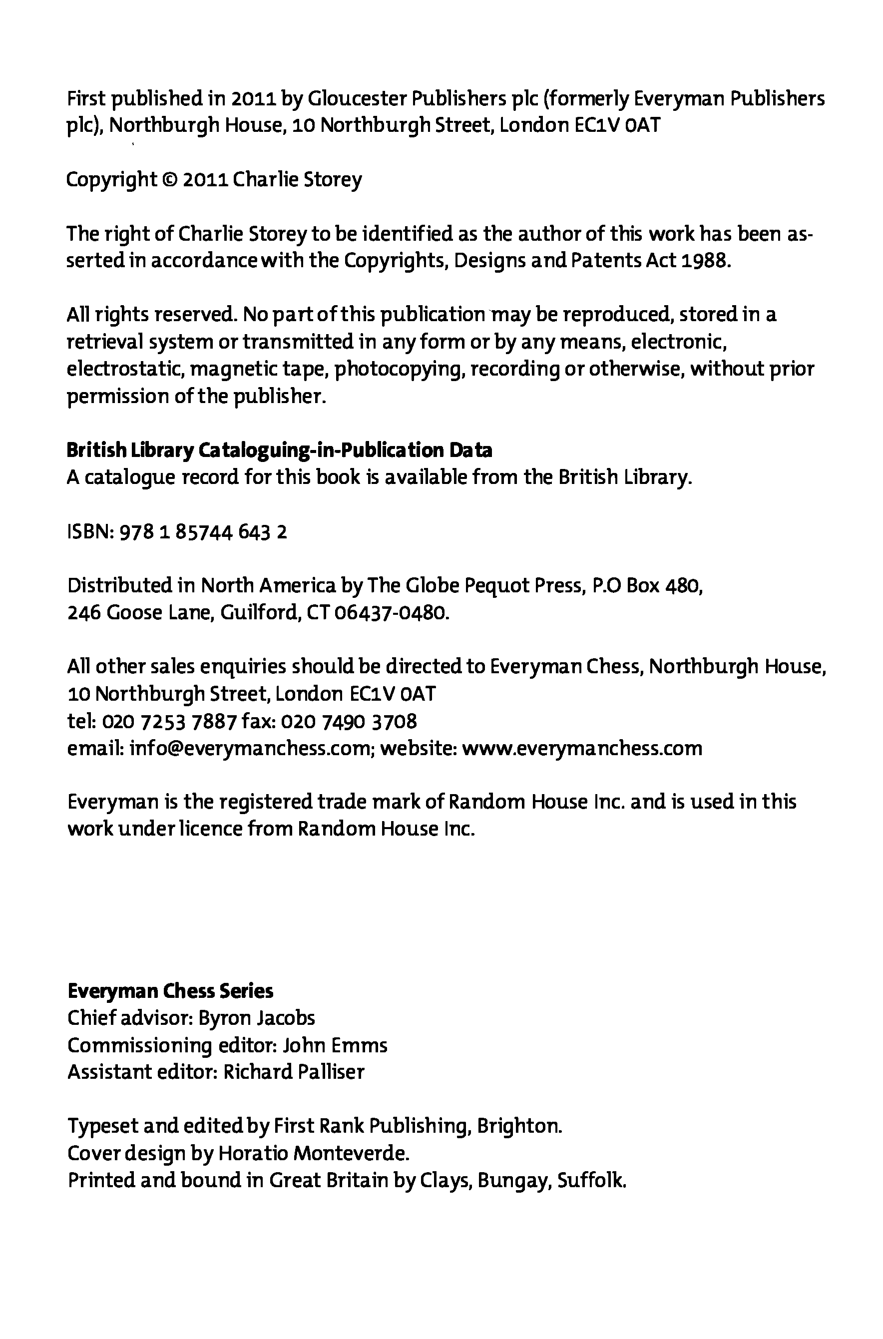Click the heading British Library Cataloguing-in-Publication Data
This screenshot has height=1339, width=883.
pyautogui.click(x=279, y=450)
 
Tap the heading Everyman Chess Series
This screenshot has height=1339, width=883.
pyautogui.click(x=170, y=991)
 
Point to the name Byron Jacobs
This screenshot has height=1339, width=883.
pyautogui.click(x=257, y=1018)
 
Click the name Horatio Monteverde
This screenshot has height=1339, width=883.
pyautogui.click(x=313, y=1153)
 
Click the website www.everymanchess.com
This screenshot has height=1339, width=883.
pyautogui.click(x=581, y=748)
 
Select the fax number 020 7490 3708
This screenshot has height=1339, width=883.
pyautogui.click(x=348, y=721)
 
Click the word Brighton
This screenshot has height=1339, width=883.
pyautogui.click(x=519, y=1126)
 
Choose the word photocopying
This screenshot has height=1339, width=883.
pyautogui.click(x=399, y=370)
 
